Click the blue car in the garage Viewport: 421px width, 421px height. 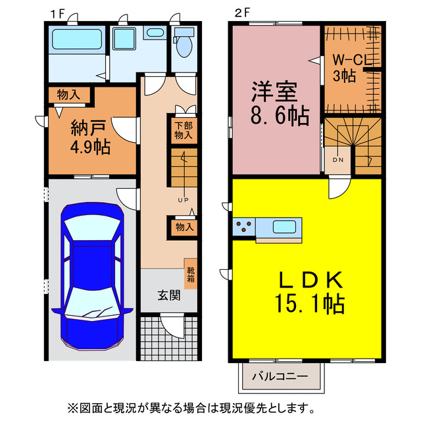tap(92, 276)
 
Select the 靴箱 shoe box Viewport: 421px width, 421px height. tap(190, 273)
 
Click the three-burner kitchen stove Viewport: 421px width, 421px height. tap(244, 228)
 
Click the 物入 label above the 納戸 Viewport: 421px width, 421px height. tap(68, 95)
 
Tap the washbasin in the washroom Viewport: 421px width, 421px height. tap(156, 33)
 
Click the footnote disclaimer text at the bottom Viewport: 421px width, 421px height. tap(210, 408)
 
